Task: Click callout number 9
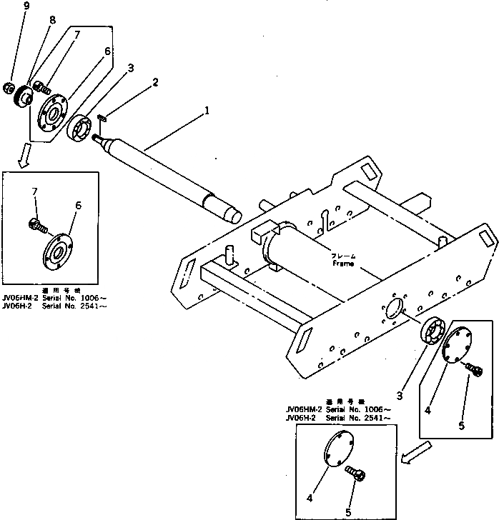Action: [x=6, y=6]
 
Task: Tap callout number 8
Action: [x=51, y=19]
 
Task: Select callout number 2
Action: [x=155, y=83]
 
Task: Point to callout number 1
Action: [x=207, y=111]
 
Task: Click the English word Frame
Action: [x=343, y=263]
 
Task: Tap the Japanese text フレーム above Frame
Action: [x=343, y=255]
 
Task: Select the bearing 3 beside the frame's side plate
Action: [x=433, y=333]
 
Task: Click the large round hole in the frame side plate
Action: [x=394, y=309]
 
